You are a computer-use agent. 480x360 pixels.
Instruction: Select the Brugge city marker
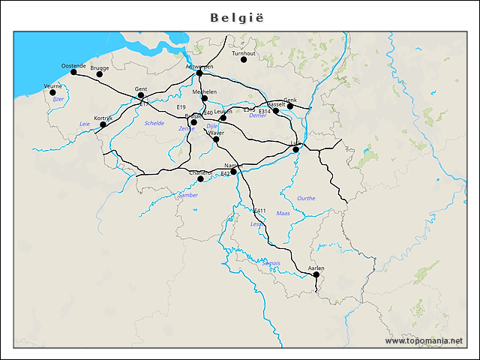click(100, 73)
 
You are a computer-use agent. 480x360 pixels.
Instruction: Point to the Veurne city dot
click(52, 92)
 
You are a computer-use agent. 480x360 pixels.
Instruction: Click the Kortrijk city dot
click(103, 124)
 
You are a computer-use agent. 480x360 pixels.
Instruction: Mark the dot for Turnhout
click(244, 59)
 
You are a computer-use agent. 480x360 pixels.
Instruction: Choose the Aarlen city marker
click(316, 274)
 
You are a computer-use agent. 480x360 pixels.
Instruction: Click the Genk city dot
click(290, 106)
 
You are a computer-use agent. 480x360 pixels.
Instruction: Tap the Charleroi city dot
click(200, 178)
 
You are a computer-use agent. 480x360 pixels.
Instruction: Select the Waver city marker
click(216, 139)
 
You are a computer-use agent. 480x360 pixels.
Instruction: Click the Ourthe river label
click(306, 198)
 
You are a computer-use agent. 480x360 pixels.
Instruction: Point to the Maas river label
click(283, 213)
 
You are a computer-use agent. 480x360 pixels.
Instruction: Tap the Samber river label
click(187, 195)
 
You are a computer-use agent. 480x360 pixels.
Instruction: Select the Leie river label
click(84, 124)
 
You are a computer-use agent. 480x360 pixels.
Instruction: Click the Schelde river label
click(154, 123)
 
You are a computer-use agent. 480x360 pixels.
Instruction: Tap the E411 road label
click(259, 211)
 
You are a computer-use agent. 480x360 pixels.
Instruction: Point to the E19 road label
click(181, 107)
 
